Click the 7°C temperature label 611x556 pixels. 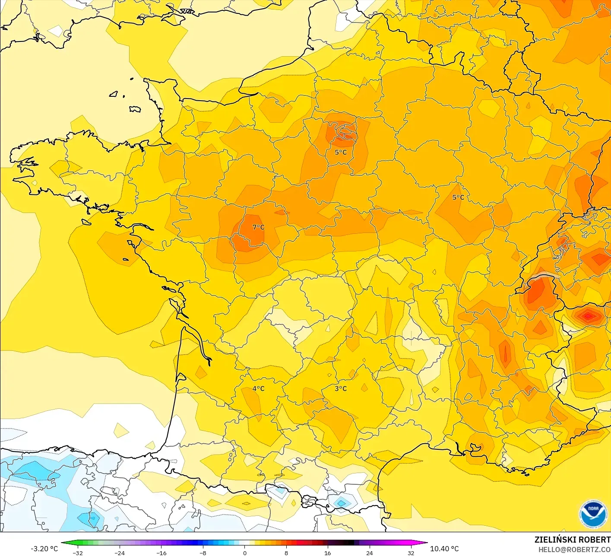pos(258,227)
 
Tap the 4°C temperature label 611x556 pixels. pos(258,388)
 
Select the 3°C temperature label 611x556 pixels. pos(341,388)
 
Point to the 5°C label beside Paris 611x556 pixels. pos(341,152)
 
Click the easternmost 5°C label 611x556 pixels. pos(458,197)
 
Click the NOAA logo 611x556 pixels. pos(593,514)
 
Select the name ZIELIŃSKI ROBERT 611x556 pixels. pos(572,540)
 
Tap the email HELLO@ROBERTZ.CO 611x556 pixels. pos(574,550)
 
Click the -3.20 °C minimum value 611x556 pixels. pos(44,549)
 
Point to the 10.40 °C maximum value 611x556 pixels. pos(444,549)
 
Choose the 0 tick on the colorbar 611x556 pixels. pos(244,553)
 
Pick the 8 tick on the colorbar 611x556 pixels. pos(286,553)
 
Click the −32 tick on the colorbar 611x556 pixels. pos(78,553)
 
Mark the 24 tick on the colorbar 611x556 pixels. pos(369,553)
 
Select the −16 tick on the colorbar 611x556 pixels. pos(161,553)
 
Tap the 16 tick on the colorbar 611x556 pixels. pos(328,553)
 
